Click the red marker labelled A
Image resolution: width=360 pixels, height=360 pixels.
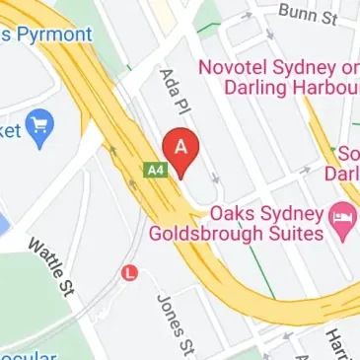point(181,151)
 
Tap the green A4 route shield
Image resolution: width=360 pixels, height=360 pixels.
point(156,170)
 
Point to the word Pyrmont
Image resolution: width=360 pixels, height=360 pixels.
point(55,35)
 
